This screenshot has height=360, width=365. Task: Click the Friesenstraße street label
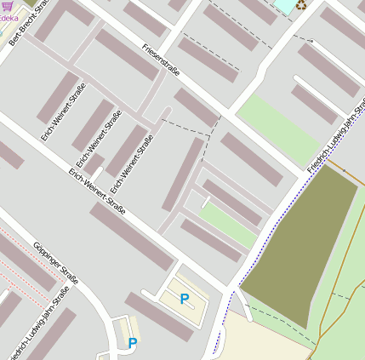pyautogui.click(x=161, y=61)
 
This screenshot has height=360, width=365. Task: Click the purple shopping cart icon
pyautogui.click(x=7, y=6)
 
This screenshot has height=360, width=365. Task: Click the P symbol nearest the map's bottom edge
pyautogui.click(x=132, y=343)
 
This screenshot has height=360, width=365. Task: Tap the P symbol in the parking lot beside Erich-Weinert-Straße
pyautogui.click(x=184, y=299)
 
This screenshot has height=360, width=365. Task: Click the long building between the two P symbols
pyautogui.click(x=158, y=317)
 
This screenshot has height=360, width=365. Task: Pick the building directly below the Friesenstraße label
pyautogui.click(x=197, y=107)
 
